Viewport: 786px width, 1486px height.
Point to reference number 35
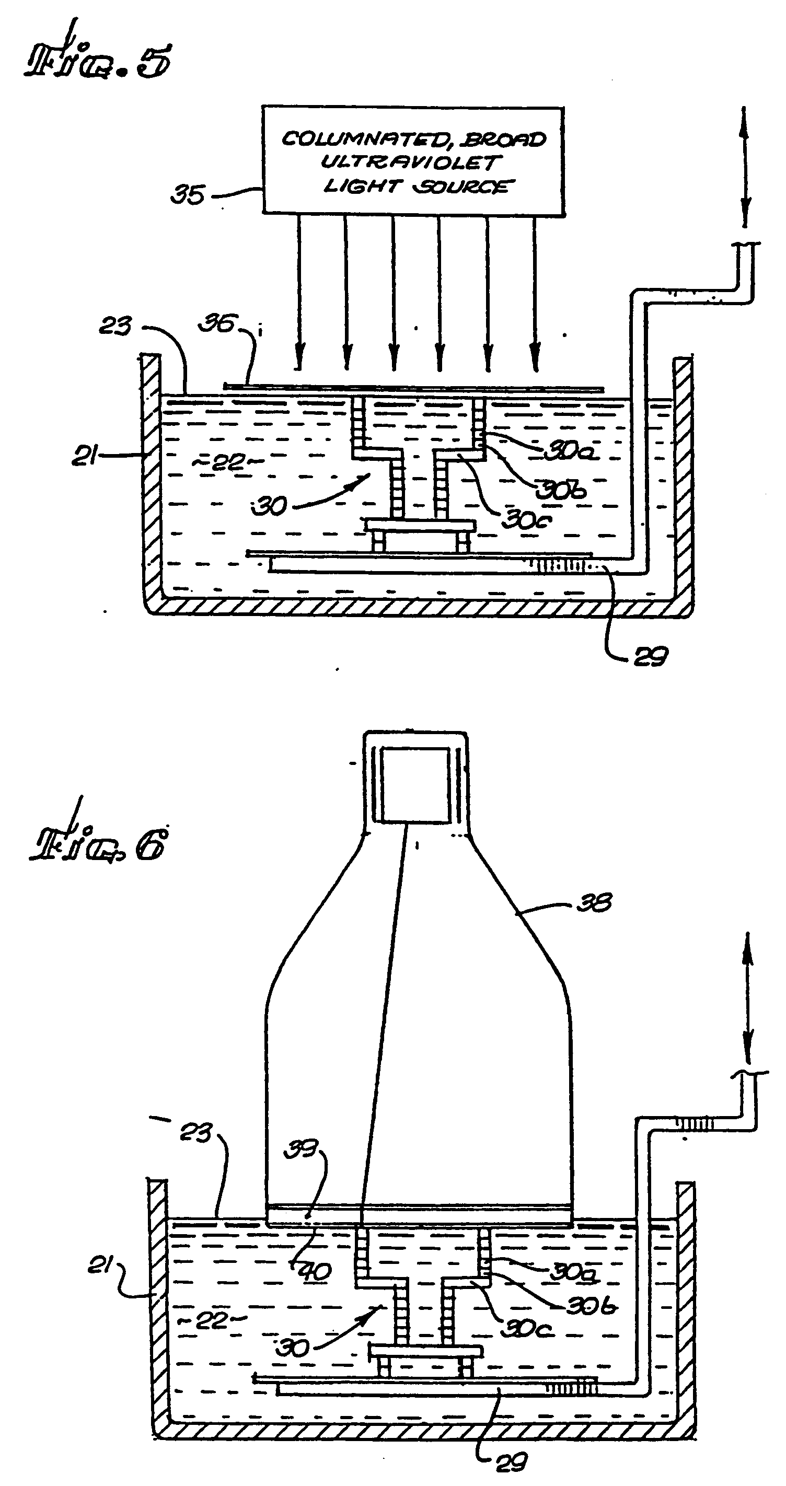(188, 195)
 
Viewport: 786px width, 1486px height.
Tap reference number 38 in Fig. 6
(594, 902)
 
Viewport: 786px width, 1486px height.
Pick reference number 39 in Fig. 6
(301, 1150)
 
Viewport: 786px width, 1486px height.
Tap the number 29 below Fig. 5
(650, 656)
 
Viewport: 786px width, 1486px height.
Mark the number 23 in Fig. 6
(195, 1132)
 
